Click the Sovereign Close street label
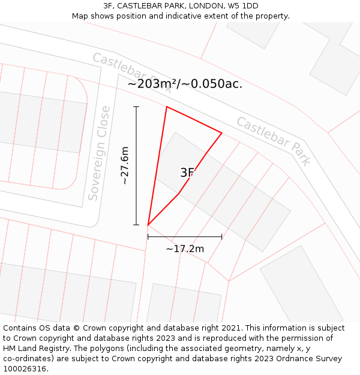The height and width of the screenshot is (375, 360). pyautogui.click(x=99, y=153)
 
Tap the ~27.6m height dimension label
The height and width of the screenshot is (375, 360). pyautogui.click(x=125, y=166)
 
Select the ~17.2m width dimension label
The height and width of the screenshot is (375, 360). pyautogui.click(x=185, y=248)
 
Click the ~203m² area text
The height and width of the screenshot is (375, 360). pyautogui.click(x=152, y=84)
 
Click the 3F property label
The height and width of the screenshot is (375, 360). pyautogui.click(x=187, y=173)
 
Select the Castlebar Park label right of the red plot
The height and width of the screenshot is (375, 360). pyautogui.click(x=274, y=141)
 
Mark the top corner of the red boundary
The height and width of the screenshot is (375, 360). pyautogui.click(x=166, y=107)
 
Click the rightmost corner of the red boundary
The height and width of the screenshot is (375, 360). pyautogui.click(x=222, y=133)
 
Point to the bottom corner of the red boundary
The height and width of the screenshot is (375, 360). pyautogui.click(x=148, y=226)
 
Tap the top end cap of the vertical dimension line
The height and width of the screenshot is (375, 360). pyautogui.click(x=136, y=107)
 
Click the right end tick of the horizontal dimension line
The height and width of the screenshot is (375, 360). pyautogui.click(x=222, y=237)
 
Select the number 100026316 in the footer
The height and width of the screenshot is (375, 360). pyautogui.click(x=25, y=369)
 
